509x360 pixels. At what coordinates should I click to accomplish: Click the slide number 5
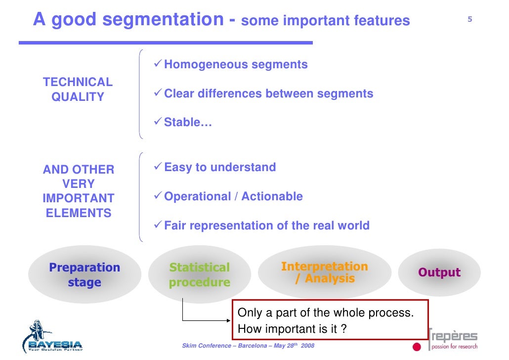pyautogui.click(x=470, y=20)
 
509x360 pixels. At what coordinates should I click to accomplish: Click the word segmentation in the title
pyautogui.click(x=163, y=20)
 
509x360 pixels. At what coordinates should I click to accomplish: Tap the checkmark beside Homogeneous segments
pyautogui.click(x=158, y=64)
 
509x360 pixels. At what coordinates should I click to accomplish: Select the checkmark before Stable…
pyautogui.click(x=158, y=122)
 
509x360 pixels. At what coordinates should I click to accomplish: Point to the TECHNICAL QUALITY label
pyautogui.click(x=78, y=90)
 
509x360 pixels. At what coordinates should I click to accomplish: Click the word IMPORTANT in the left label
pyautogui.click(x=79, y=198)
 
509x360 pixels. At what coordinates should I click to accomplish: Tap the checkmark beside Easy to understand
pyautogui.click(x=158, y=167)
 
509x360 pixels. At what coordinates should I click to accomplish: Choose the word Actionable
pyautogui.click(x=273, y=196)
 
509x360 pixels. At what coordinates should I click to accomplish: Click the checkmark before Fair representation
pyautogui.click(x=158, y=225)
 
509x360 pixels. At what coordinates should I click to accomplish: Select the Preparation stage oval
pyautogui.click(x=85, y=275)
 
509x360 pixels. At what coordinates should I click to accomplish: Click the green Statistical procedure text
pyautogui.click(x=200, y=275)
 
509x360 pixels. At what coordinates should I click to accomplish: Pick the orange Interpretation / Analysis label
pyautogui.click(x=325, y=272)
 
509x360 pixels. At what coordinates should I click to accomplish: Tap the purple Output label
pyautogui.click(x=439, y=272)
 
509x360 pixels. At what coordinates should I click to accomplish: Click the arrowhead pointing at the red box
pyautogui.click(x=229, y=320)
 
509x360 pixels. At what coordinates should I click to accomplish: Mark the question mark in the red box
pyautogui.click(x=343, y=329)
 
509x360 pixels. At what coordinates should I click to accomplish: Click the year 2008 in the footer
pyautogui.click(x=307, y=345)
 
